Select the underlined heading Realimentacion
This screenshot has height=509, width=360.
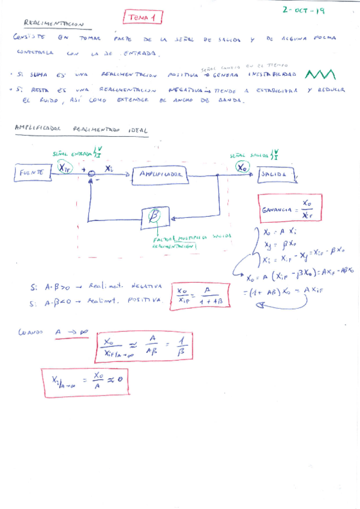pyautogui.click(x=54, y=23)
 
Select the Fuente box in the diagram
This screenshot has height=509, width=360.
pyautogui.click(x=31, y=173)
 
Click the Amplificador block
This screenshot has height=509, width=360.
pyautogui.click(x=160, y=174)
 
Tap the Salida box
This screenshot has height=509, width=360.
pyautogui.click(x=277, y=175)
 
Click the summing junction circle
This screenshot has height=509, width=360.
pyautogui.click(x=91, y=175)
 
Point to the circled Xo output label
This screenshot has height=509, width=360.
pyautogui.click(x=242, y=167)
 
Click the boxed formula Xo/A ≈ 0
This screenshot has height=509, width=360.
pyautogui.click(x=85, y=381)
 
